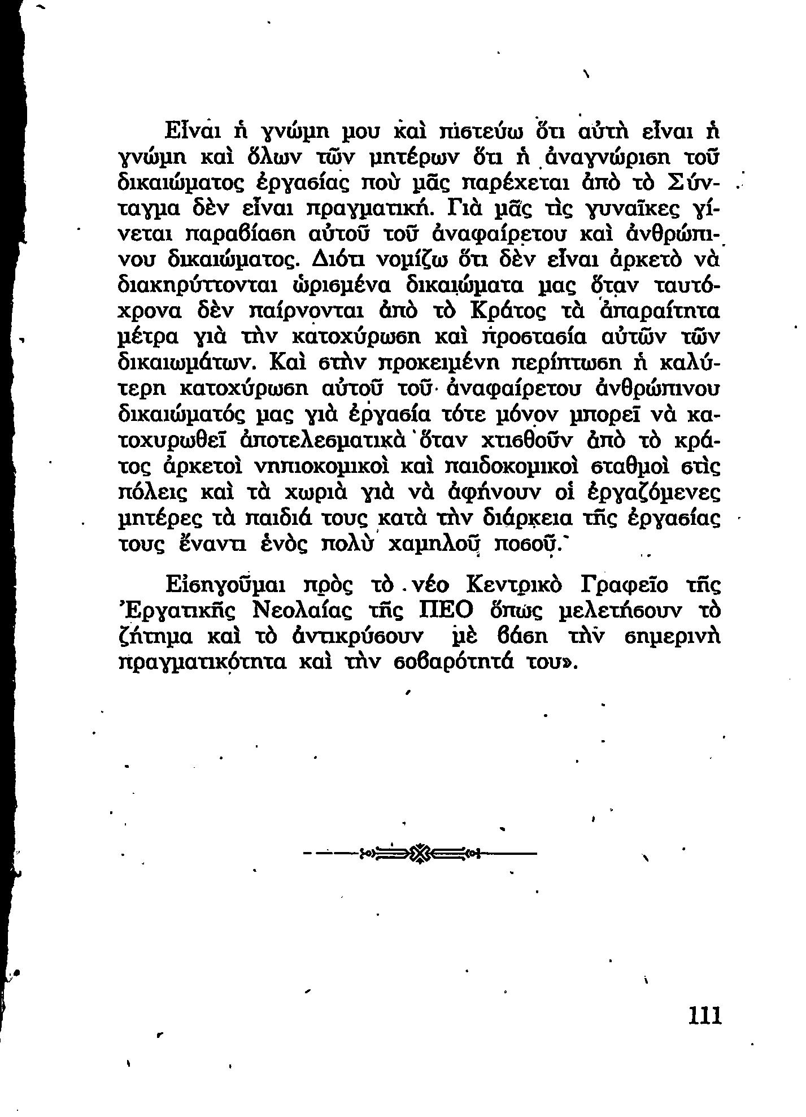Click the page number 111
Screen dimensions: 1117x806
(x=705, y=1015)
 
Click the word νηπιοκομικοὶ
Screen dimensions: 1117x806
(x=322, y=467)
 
